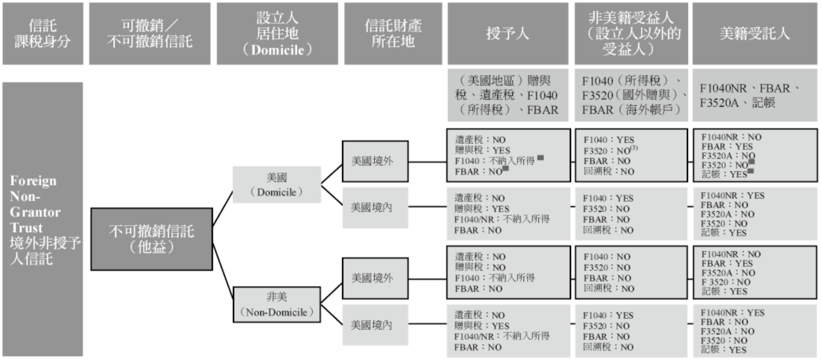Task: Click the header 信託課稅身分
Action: (42, 33)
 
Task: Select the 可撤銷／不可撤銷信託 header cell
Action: (150, 33)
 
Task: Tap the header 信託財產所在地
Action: (393, 33)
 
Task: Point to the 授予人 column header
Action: (507, 33)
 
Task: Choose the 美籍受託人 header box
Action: (754, 33)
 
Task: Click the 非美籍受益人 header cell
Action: (631, 33)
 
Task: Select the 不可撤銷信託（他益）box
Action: (151, 239)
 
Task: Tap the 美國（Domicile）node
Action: (276, 185)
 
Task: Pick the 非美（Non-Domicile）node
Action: (276, 305)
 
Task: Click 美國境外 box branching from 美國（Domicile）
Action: (375, 161)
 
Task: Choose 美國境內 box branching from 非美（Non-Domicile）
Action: (375, 325)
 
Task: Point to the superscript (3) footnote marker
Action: (634, 148)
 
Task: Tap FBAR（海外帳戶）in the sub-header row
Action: (631, 110)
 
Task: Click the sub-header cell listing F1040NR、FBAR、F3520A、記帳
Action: (754, 95)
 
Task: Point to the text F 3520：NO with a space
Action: (726, 282)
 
